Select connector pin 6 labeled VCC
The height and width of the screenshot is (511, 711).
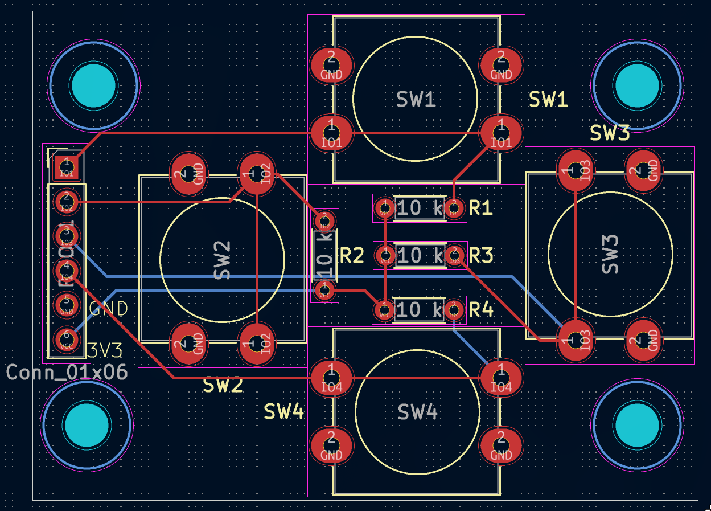[67, 340]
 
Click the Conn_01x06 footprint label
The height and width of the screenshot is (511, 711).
[67, 373]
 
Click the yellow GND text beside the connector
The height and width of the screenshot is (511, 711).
[109, 309]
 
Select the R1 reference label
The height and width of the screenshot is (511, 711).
[481, 209]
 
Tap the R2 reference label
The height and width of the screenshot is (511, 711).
[352, 256]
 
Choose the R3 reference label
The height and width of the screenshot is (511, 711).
[481, 256]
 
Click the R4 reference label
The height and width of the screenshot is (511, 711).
[481, 310]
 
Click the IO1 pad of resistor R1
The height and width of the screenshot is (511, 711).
[454, 207]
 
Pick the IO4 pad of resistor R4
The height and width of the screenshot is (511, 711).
[454, 310]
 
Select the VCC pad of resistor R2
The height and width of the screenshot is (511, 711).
[324, 291]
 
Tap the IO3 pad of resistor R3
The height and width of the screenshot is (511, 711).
[454, 255]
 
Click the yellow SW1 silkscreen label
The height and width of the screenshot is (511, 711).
[549, 100]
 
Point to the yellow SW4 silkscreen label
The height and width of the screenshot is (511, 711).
[284, 411]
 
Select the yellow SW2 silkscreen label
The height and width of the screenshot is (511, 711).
[223, 386]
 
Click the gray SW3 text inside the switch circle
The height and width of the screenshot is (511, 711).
[610, 254]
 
